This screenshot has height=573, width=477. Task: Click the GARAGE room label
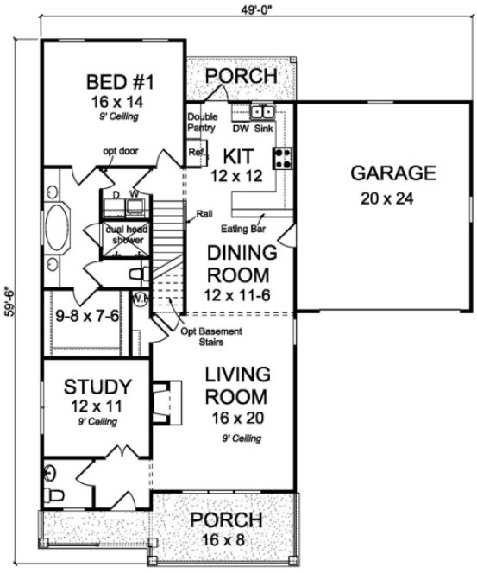tap(392, 173)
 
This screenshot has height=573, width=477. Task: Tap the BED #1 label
tap(120, 84)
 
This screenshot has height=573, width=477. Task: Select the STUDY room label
tap(99, 386)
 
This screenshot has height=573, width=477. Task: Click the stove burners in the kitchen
tap(281, 157)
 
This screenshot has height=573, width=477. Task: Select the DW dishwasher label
tap(241, 128)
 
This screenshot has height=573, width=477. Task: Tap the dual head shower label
tap(123, 235)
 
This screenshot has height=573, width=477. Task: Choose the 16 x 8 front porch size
tap(226, 541)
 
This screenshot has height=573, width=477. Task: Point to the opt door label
tap(120, 152)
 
